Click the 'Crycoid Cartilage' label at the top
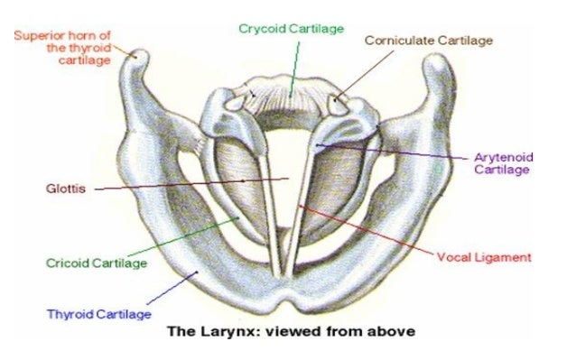(x=291, y=29)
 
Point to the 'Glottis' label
(x=64, y=189)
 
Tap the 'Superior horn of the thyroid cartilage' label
(x=62, y=47)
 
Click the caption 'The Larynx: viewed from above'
(x=291, y=331)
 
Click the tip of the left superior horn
(x=137, y=56)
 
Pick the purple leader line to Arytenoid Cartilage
(x=397, y=151)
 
